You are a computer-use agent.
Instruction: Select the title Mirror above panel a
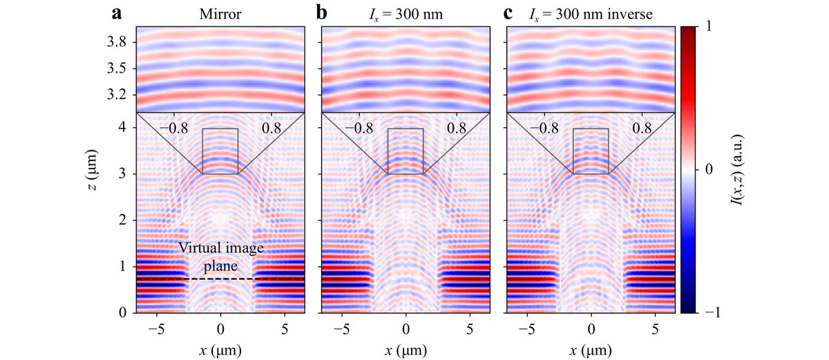(x=220, y=14)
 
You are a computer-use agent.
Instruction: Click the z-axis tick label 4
(x=123, y=127)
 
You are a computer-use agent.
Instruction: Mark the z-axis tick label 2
(x=123, y=220)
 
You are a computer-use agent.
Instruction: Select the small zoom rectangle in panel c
(x=591, y=151)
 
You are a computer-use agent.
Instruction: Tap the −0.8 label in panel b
(x=359, y=128)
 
